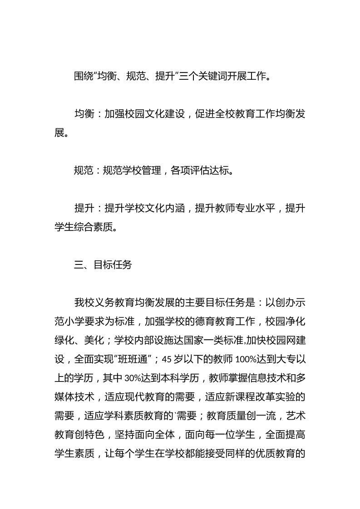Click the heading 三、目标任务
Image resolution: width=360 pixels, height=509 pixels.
coord(103,265)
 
